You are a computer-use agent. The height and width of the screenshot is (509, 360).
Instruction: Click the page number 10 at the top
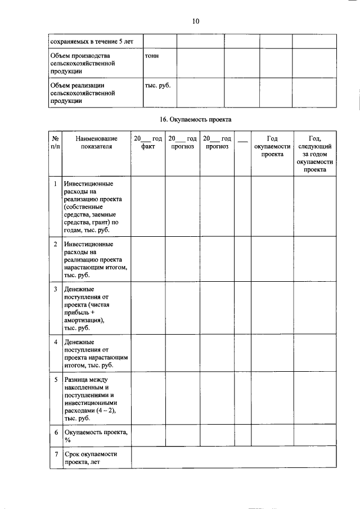[195, 21]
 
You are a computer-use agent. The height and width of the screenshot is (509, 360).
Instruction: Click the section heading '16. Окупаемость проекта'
[195, 119]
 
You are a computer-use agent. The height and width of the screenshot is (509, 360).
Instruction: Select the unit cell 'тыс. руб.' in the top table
[157, 85]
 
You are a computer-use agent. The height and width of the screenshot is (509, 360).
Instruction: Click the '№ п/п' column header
[55, 142]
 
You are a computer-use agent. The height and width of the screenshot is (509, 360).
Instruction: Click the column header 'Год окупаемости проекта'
[272, 146]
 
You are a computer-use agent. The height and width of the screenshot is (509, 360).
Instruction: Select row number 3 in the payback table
[55, 289]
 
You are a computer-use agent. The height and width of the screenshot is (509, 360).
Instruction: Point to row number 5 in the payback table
[55, 380]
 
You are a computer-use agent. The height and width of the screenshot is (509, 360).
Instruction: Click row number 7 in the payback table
[55, 453]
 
